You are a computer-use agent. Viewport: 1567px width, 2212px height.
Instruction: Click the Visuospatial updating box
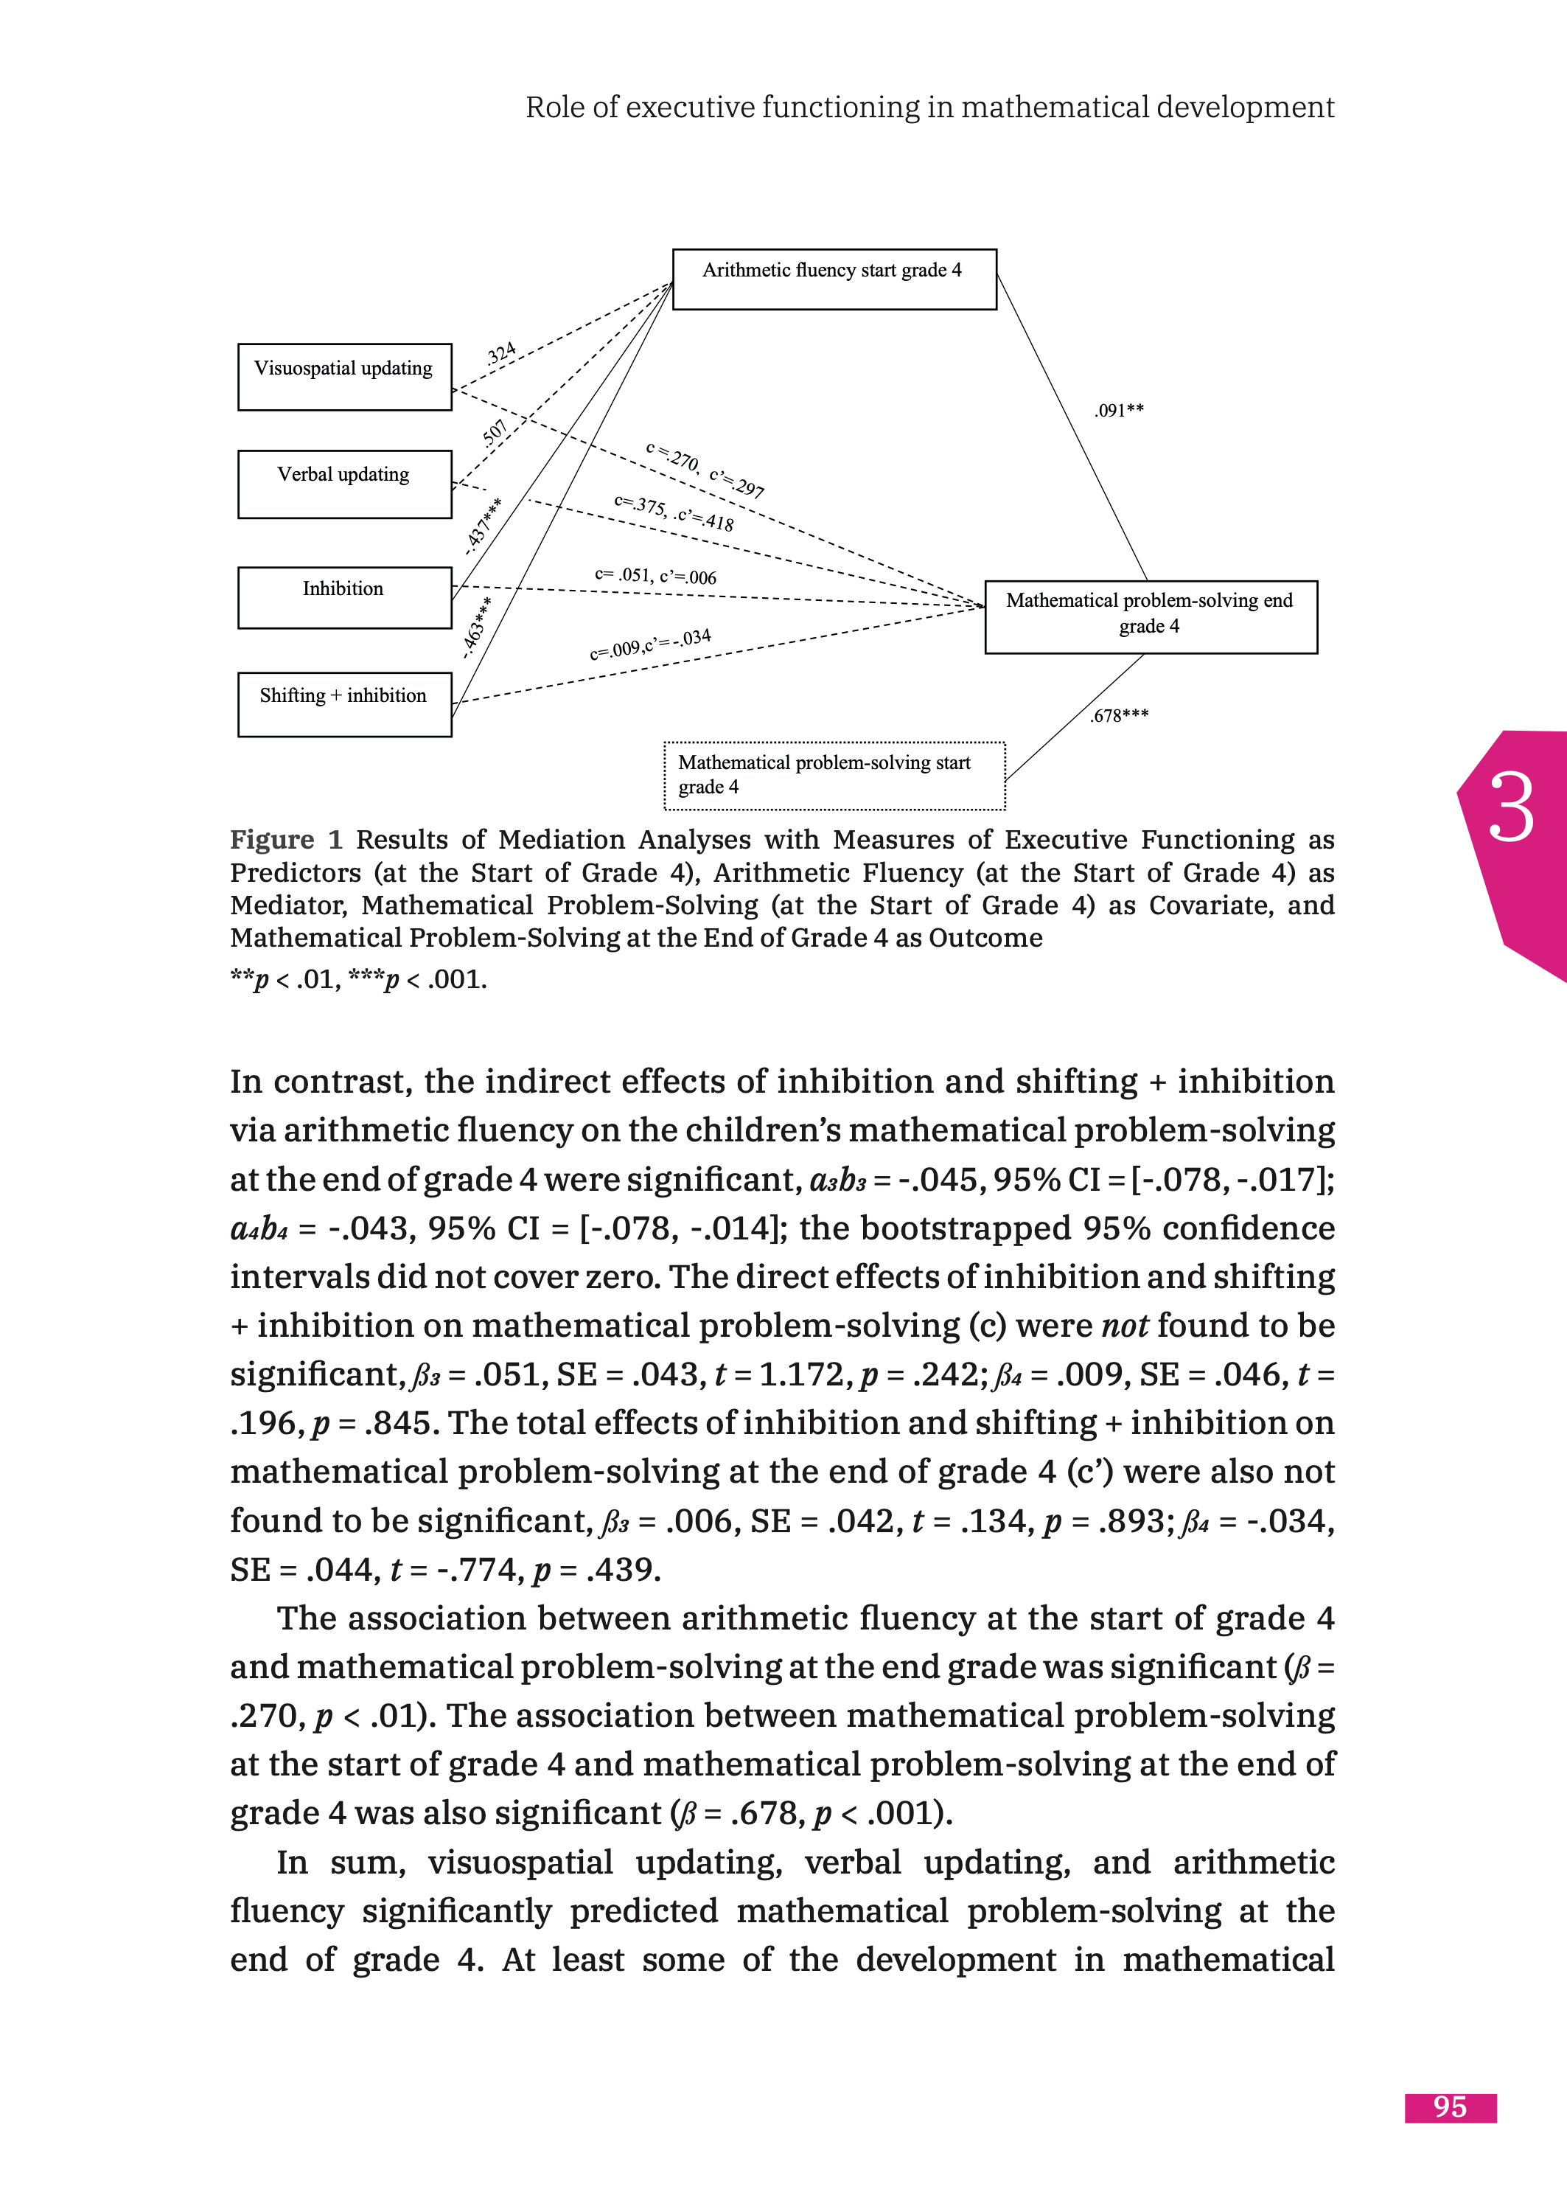pos(344,378)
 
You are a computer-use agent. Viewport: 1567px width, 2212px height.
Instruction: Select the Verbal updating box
pos(344,484)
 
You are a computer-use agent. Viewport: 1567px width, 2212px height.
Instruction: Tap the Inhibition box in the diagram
pos(344,597)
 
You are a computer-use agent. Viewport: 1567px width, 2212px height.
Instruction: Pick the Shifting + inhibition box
pos(344,704)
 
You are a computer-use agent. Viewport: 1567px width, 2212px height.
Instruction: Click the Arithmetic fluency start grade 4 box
pos(834,279)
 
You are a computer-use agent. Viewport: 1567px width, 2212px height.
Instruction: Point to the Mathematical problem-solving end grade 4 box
pos(1150,616)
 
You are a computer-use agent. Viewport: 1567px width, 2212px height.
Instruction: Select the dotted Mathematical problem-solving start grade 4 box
pos(834,776)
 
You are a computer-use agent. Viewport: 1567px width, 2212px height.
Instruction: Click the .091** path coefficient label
pos(1120,410)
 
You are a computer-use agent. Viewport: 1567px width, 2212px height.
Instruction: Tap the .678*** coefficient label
pos(1120,715)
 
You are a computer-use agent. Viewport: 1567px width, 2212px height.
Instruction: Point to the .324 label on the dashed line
pos(502,353)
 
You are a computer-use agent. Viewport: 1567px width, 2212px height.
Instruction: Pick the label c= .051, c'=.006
pos(655,576)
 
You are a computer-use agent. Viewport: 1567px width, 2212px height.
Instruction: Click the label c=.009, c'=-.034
pos(650,644)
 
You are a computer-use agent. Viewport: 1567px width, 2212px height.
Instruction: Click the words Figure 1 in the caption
pos(285,840)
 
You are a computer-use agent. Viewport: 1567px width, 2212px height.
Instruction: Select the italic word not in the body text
pos(1124,1326)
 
